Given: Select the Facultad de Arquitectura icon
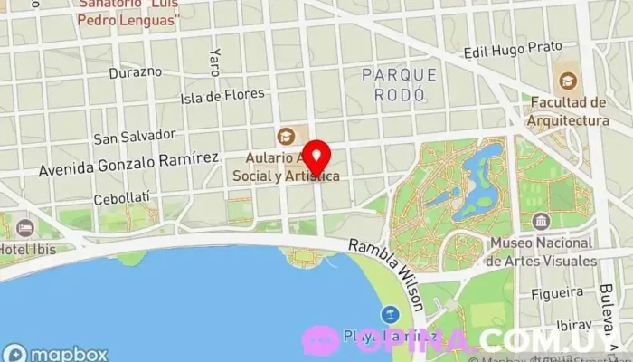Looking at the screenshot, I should point(567,81).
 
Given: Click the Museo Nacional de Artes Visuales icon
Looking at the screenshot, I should point(541,222).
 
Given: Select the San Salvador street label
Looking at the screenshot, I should point(135,136).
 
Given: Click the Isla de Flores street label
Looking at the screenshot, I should point(222,95).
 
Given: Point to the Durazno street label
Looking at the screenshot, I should point(135,71).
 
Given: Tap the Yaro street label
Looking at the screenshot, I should point(215,61).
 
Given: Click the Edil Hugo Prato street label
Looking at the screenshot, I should point(513,49).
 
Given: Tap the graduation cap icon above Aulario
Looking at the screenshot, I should point(286,137).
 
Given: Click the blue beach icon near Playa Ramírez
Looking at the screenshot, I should point(390,315).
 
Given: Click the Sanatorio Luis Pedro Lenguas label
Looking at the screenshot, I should point(128,11).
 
